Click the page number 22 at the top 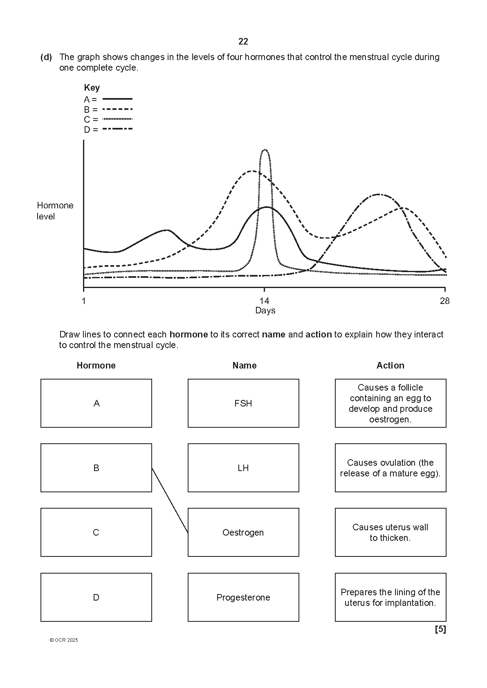point(243,42)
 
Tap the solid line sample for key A point(117,99)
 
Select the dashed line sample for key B point(117,109)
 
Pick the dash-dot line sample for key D point(117,129)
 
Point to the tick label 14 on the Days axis point(265,301)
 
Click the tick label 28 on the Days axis point(444,301)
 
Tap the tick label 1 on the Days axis point(84,301)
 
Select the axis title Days point(265,310)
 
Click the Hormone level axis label point(55,211)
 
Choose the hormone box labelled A point(96,403)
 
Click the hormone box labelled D point(96,597)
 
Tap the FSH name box point(243,403)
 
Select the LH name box point(243,468)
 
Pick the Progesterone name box point(243,597)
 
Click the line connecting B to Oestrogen point(170,500)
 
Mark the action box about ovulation point(390,468)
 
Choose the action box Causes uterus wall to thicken point(390,532)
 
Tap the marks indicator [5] point(440,630)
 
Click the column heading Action point(390,366)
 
